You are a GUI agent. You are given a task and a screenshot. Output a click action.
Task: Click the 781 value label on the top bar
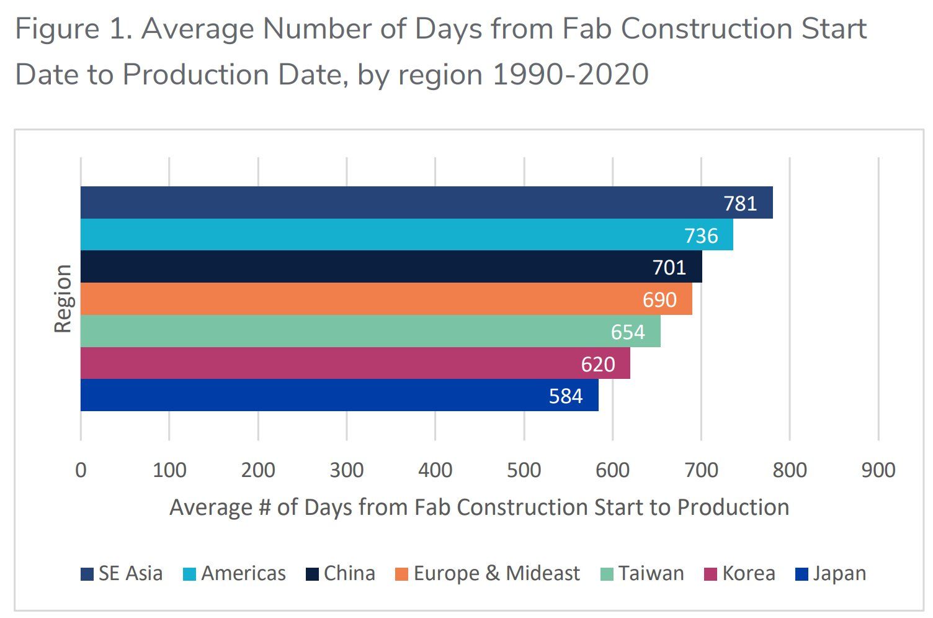tap(740, 203)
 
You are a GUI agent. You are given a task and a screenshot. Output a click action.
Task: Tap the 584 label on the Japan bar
tap(565, 396)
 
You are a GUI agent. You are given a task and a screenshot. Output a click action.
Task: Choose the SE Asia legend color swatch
tap(87, 574)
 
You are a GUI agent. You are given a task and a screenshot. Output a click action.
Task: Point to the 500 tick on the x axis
tap(524, 470)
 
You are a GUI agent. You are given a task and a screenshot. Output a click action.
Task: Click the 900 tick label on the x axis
tap(878, 470)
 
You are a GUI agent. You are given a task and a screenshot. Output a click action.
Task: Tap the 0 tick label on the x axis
tap(81, 470)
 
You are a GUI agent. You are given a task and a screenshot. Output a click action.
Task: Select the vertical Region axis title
tap(63, 299)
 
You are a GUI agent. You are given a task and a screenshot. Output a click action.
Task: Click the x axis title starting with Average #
tap(479, 507)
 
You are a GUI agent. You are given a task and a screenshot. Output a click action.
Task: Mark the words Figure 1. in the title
tap(73, 29)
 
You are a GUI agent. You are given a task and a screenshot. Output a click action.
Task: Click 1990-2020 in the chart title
tap(570, 75)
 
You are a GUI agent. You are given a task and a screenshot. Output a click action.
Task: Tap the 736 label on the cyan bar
tap(701, 235)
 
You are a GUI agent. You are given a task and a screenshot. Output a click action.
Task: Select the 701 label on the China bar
tap(669, 267)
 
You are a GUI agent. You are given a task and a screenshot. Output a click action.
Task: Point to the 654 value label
tap(628, 332)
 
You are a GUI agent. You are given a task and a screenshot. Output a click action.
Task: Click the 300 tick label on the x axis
tap(346, 470)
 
